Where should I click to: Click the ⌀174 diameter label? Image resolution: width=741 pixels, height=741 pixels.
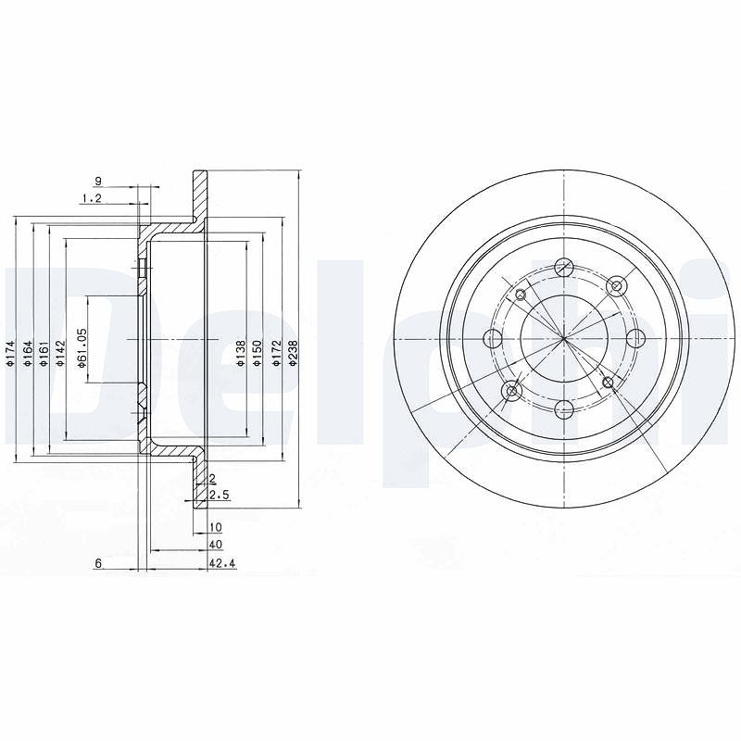(x=11, y=354)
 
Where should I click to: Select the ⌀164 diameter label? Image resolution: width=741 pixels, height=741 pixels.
(x=28, y=354)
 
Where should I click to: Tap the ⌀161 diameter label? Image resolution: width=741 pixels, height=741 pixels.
(x=44, y=354)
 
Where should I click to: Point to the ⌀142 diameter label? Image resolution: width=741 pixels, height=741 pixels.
(x=59, y=354)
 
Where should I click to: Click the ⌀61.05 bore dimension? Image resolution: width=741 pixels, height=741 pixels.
(x=82, y=348)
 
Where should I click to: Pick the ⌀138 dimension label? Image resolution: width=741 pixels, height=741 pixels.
(x=241, y=354)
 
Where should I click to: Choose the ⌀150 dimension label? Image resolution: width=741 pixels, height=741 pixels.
(x=257, y=354)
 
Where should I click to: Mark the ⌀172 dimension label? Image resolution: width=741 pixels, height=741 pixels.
(x=276, y=354)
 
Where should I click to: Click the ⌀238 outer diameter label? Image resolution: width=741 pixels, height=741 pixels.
(x=293, y=354)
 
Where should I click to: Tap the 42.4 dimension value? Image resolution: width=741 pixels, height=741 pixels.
(x=222, y=563)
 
